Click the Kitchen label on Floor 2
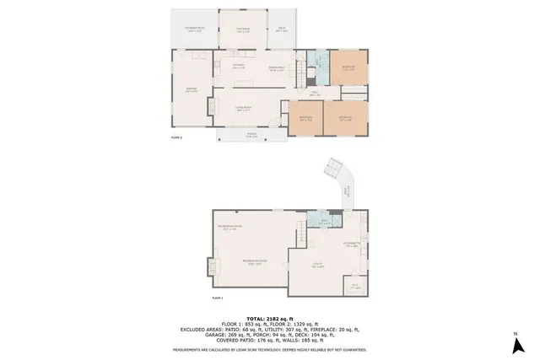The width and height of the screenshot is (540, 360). pyautogui.click(x=239, y=65)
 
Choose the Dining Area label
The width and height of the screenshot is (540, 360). pyautogui.click(x=276, y=68)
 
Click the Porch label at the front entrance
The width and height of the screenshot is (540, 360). pyautogui.click(x=251, y=135)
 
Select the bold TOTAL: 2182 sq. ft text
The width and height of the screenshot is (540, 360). pyautogui.click(x=269, y=320)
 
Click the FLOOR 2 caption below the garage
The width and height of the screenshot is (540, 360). pyautogui.click(x=176, y=137)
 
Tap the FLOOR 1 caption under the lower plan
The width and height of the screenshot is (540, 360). pyautogui.click(x=217, y=298)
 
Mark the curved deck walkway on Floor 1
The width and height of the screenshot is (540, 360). pyautogui.click(x=343, y=181)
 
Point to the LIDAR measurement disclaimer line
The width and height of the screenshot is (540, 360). pyautogui.click(x=269, y=348)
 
